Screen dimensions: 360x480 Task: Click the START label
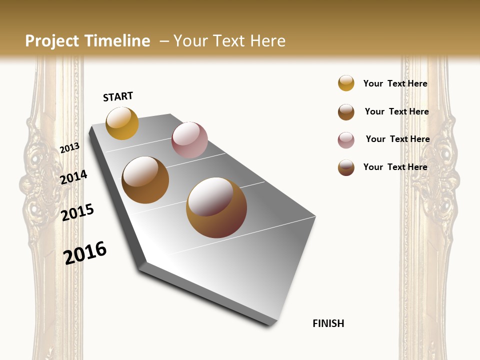pos(118,96)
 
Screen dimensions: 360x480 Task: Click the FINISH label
pos(328,323)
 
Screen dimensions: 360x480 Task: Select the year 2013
pos(69,148)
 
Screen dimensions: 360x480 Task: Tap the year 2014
pos(73,177)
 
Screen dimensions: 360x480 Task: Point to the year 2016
pos(85,252)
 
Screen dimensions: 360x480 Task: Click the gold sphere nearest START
pos(122,123)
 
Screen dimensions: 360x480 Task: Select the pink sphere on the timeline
pos(189,140)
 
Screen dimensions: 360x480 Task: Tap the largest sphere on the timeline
pos(216,207)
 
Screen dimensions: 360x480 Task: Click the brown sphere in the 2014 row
pos(145,180)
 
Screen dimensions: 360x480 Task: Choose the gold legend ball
pos(346,83)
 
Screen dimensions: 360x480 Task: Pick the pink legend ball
pos(346,140)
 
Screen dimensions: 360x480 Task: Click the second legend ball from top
pos(346,112)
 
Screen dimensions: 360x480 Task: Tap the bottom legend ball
pos(346,167)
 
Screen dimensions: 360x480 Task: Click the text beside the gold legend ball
pos(395,83)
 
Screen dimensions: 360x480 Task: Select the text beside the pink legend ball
pos(397,139)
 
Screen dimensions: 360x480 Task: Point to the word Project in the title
pos(52,41)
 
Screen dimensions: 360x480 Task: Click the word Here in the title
pos(267,41)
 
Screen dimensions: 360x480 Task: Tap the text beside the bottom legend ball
pos(395,167)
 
